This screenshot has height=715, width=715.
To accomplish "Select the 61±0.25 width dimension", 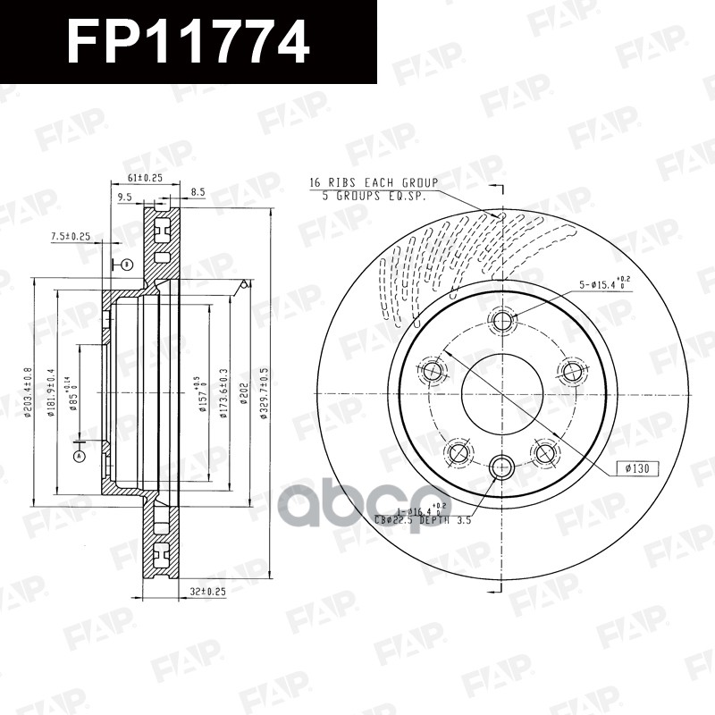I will point(144,179).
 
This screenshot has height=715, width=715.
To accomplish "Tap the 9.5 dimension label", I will point(124,198).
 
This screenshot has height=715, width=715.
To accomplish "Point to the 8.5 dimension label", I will point(198,190).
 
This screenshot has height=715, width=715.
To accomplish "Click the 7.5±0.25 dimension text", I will point(71,236).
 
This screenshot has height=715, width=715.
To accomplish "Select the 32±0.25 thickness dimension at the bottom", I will point(207,591).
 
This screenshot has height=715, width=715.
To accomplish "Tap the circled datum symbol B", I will point(127,265).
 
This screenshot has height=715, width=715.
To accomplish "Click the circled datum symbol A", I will point(79,456).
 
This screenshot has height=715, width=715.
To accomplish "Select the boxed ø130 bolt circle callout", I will point(634,468).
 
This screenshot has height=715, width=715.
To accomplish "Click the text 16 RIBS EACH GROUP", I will point(366,182).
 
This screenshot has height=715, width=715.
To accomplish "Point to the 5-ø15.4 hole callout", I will point(601,285).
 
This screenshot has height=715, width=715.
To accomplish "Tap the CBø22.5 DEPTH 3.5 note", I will point(421,517).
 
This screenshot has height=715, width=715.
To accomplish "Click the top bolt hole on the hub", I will point(502,322).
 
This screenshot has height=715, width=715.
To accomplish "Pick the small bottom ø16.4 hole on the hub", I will point(502,466).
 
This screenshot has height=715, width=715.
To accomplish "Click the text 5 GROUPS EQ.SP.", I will point(374,194).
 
